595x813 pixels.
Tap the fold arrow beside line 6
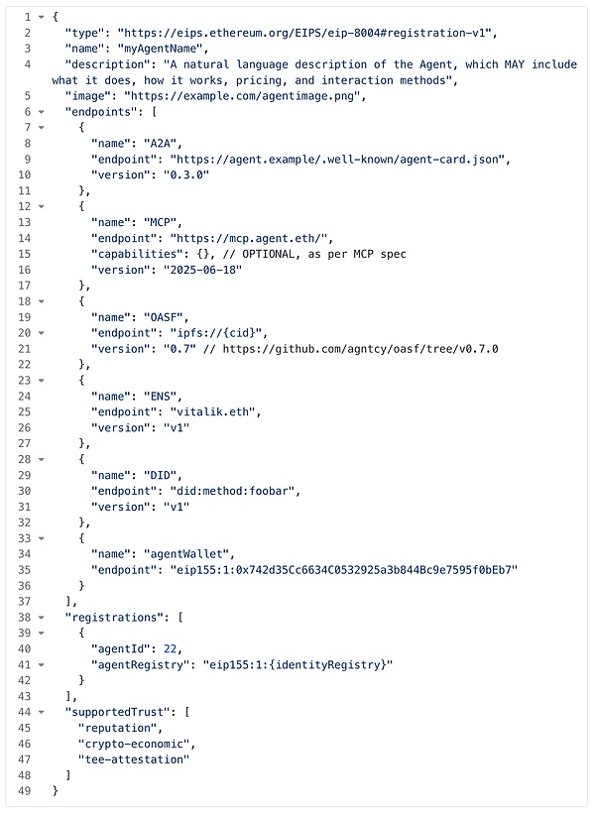click(41, 112)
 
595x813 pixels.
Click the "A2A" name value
click(163, 144)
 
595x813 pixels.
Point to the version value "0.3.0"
click(186, 175)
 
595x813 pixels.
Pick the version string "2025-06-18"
click(202, 270)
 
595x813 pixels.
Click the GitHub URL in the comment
click(361, 349)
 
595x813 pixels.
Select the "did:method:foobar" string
click(235, 491)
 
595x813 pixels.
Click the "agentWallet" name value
click(188, 554)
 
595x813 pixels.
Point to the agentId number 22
click(171, 648)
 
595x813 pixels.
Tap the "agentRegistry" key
click(137, 664)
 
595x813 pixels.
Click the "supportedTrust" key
click(118, 712)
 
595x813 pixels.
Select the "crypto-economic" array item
click(134, 744)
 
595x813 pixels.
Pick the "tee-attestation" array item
click(134, 759)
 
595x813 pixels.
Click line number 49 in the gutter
click(25, 791)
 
